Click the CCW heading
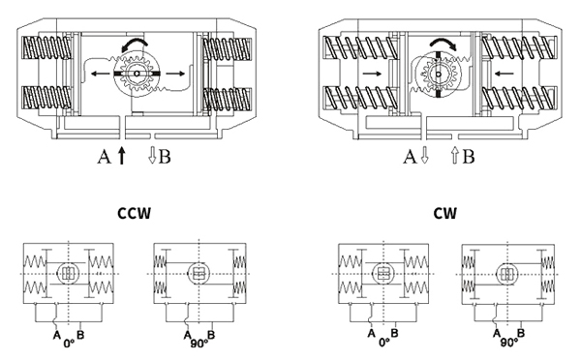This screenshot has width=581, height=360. [135, 213]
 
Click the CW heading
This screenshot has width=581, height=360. [445, 213]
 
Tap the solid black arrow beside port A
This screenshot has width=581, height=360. [122, 156]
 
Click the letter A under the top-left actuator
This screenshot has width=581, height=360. [105, 157]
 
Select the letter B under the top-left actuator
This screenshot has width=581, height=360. [165, 157]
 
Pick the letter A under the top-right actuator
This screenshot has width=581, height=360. [410, 157]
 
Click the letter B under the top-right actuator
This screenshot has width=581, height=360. [469, 157]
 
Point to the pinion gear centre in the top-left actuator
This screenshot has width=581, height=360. [137, 74]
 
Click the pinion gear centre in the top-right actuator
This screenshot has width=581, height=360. [439, 75]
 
